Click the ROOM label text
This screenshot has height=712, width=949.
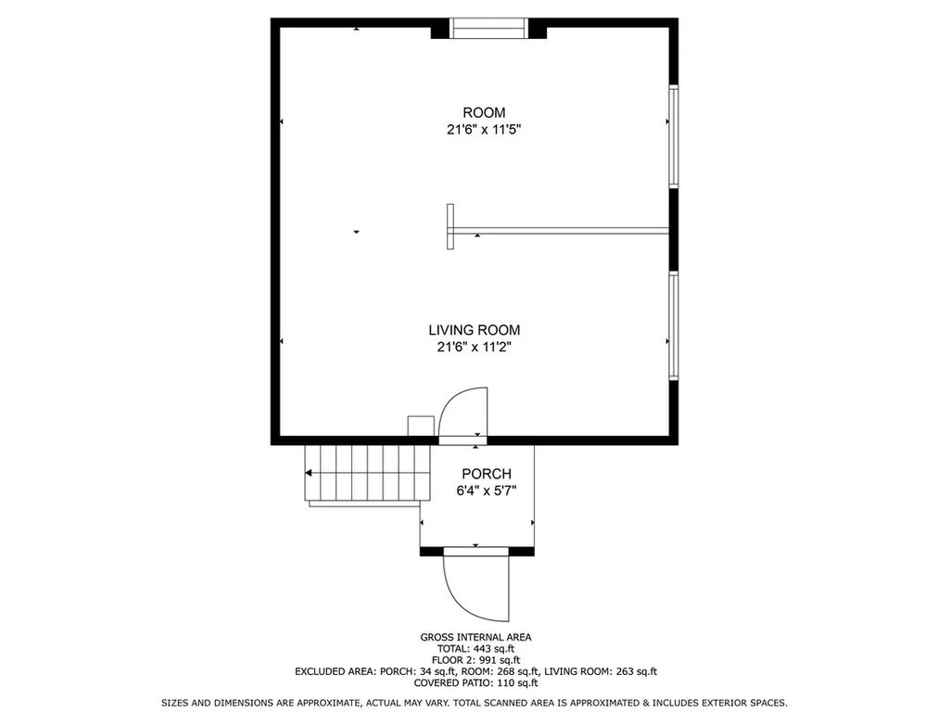point(484,112)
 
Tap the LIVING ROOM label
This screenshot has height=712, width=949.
point(474,330)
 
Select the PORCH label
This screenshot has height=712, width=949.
point(487,474)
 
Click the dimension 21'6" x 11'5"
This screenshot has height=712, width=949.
point(484,129)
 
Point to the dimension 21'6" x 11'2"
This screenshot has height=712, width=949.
point(474,347)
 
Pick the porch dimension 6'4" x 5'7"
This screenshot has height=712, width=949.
point(487,490)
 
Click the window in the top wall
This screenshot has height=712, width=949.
point(489,29)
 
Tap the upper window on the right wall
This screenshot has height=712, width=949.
point(674,136)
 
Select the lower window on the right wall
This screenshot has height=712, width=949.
point(674,325)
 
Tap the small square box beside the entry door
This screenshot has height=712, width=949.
point(421,425)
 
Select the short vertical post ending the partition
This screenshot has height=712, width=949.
point(450,226)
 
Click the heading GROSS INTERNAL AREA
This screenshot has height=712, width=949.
point(475,637)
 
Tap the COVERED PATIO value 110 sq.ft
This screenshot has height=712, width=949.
point(517,683)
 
